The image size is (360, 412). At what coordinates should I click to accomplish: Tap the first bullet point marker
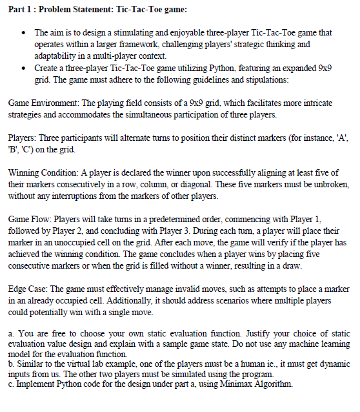[23, 32]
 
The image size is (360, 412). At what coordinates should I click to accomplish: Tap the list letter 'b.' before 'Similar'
[13, 365]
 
